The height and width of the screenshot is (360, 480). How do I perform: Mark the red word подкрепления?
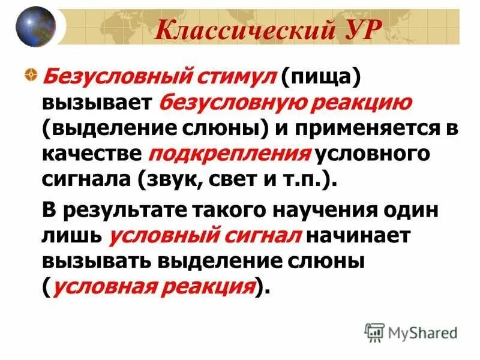pyautogui.click(x=229, y=154)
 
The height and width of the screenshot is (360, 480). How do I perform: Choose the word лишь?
pyautogui.click(x=71, y=236)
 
